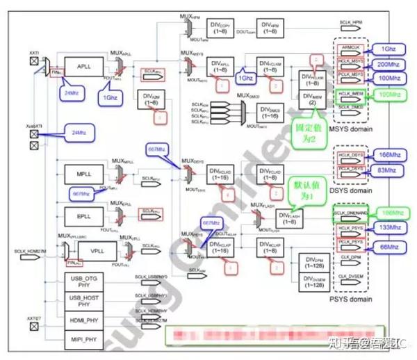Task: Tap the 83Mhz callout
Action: (x=389, y=169)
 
